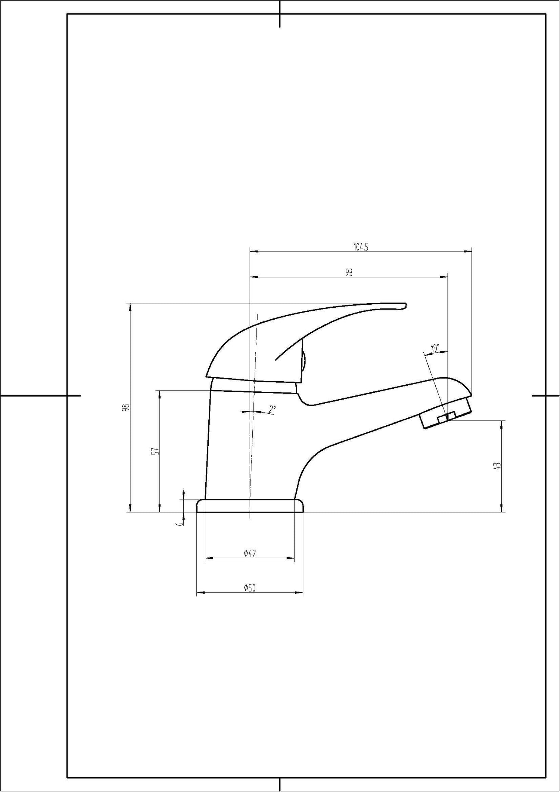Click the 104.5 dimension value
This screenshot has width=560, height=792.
361,247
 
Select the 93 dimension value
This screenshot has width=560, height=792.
349,273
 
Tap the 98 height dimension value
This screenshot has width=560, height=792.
127,407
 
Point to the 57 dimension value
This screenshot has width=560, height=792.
157,451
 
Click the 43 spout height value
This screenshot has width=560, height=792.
497,466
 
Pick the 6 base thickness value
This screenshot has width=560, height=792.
180,524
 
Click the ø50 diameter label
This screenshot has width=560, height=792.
250,588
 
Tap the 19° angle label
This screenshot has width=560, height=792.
435,348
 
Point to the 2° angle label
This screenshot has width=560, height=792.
272,410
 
